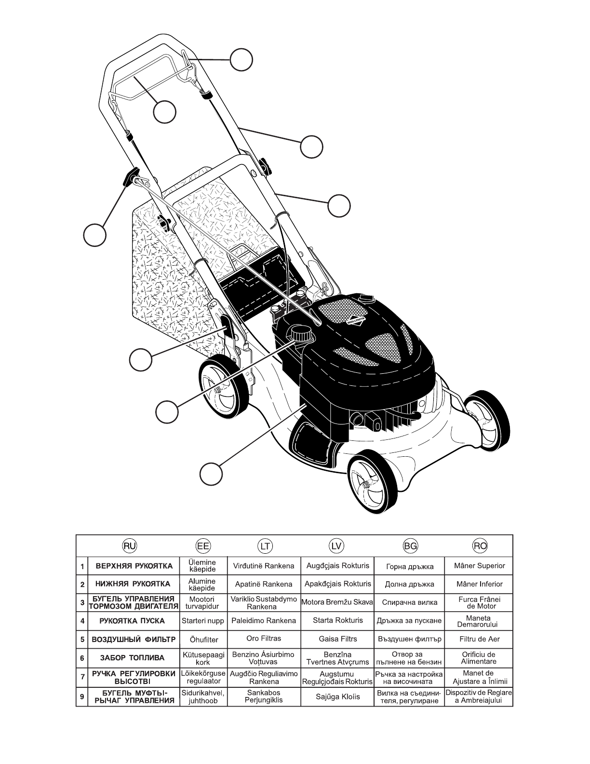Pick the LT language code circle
(264, 546)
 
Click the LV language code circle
(336, 546)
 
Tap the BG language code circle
(409, 546)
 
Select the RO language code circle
(480, 546)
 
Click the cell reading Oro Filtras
(264, 639)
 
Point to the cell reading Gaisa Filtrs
(337, 639)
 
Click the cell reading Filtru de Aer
(480, 639)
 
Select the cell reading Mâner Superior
(480, 566)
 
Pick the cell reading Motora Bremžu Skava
(337, 602)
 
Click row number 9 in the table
(82, 697)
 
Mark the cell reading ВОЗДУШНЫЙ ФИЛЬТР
(132, 640)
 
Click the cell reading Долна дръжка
(409, 584)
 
